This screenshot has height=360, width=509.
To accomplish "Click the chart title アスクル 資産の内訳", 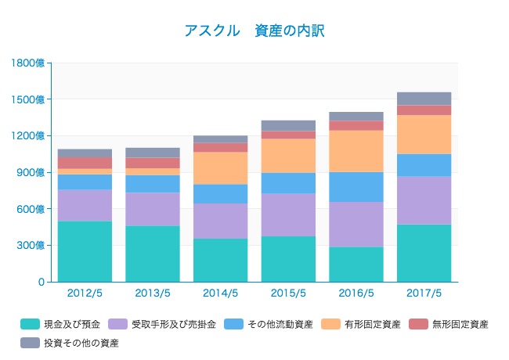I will (254, 31).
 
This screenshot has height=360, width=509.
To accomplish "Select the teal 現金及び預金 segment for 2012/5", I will (85, 251).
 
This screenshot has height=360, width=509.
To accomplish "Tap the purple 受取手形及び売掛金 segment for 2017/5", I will (424, 200).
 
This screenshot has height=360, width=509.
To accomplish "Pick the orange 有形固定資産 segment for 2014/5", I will (220, 168).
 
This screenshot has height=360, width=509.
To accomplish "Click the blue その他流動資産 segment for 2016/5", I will (356, 187).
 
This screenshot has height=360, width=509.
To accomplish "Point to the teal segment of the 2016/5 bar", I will (356, 265).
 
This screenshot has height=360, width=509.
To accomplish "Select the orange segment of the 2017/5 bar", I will (424, 135).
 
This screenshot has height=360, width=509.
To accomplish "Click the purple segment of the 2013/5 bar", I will (153, 210).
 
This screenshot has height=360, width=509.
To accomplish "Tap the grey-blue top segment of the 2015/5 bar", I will (288, 126).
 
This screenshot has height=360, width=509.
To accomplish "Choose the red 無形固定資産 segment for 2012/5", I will (85, 163).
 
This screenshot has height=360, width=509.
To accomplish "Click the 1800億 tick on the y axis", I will (30, 63).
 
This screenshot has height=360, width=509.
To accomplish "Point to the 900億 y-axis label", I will (33, 172).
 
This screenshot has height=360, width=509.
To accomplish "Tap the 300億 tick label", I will (33, 245).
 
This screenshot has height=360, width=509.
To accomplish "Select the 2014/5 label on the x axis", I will (220, 293).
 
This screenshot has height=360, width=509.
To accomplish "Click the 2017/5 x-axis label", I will (424, 293).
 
